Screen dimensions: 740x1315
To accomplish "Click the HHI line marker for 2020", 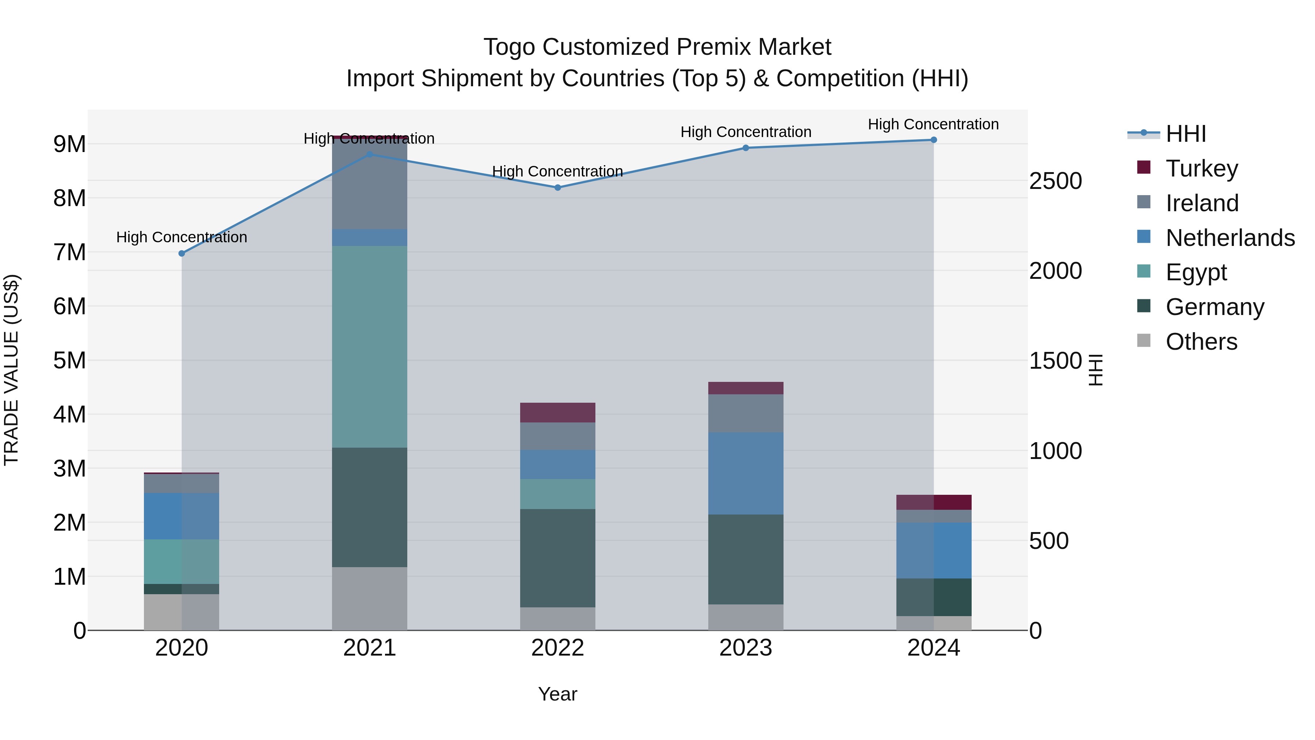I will coord(182,253).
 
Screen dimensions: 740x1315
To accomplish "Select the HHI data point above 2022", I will coord(557,187).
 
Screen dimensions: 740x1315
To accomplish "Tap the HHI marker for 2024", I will coord(934,140).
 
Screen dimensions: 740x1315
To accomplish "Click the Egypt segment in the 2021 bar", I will coord(370,347).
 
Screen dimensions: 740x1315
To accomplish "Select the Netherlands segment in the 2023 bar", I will coord(746,473).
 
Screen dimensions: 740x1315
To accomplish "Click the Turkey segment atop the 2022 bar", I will coord(557,413).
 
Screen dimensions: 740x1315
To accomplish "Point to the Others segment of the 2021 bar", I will coord(370,599).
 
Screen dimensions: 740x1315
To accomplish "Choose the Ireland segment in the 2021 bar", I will coord(370,184).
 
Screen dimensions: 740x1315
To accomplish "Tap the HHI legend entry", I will coord(1185,134).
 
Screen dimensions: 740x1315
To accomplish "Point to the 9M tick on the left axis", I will coord(69,144).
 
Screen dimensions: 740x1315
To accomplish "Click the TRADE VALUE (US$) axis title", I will coord(11,370).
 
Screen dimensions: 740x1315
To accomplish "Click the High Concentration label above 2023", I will coord(746,132).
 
